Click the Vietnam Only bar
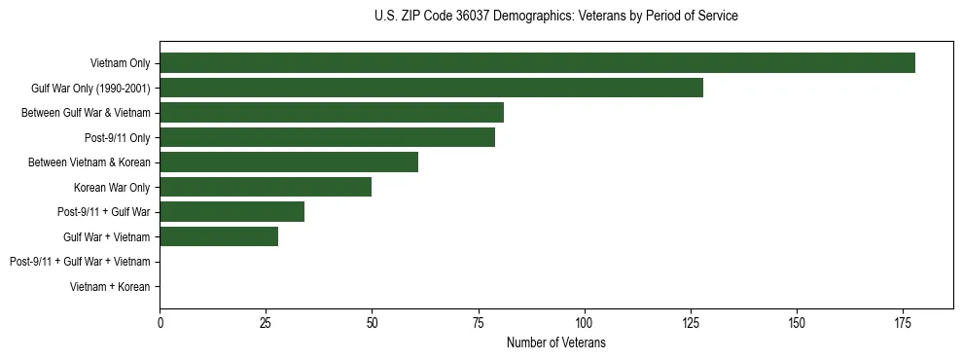pos(537,63)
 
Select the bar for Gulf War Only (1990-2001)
pos(431,88)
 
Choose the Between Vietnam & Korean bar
pos(289,162)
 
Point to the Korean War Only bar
pos(266,187)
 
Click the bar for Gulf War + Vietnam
pos(219,236)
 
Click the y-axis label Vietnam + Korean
pos(110,286)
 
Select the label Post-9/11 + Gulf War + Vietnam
pos(80,261)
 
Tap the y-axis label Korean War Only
pos(112,187)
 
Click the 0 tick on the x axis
pos(160,322)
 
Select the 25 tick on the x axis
pos(266,322)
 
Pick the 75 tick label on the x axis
pos(478,322)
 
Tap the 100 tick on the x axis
pos(584,322)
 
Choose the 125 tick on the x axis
pos(690,322)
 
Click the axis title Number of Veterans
pos(556,342)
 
